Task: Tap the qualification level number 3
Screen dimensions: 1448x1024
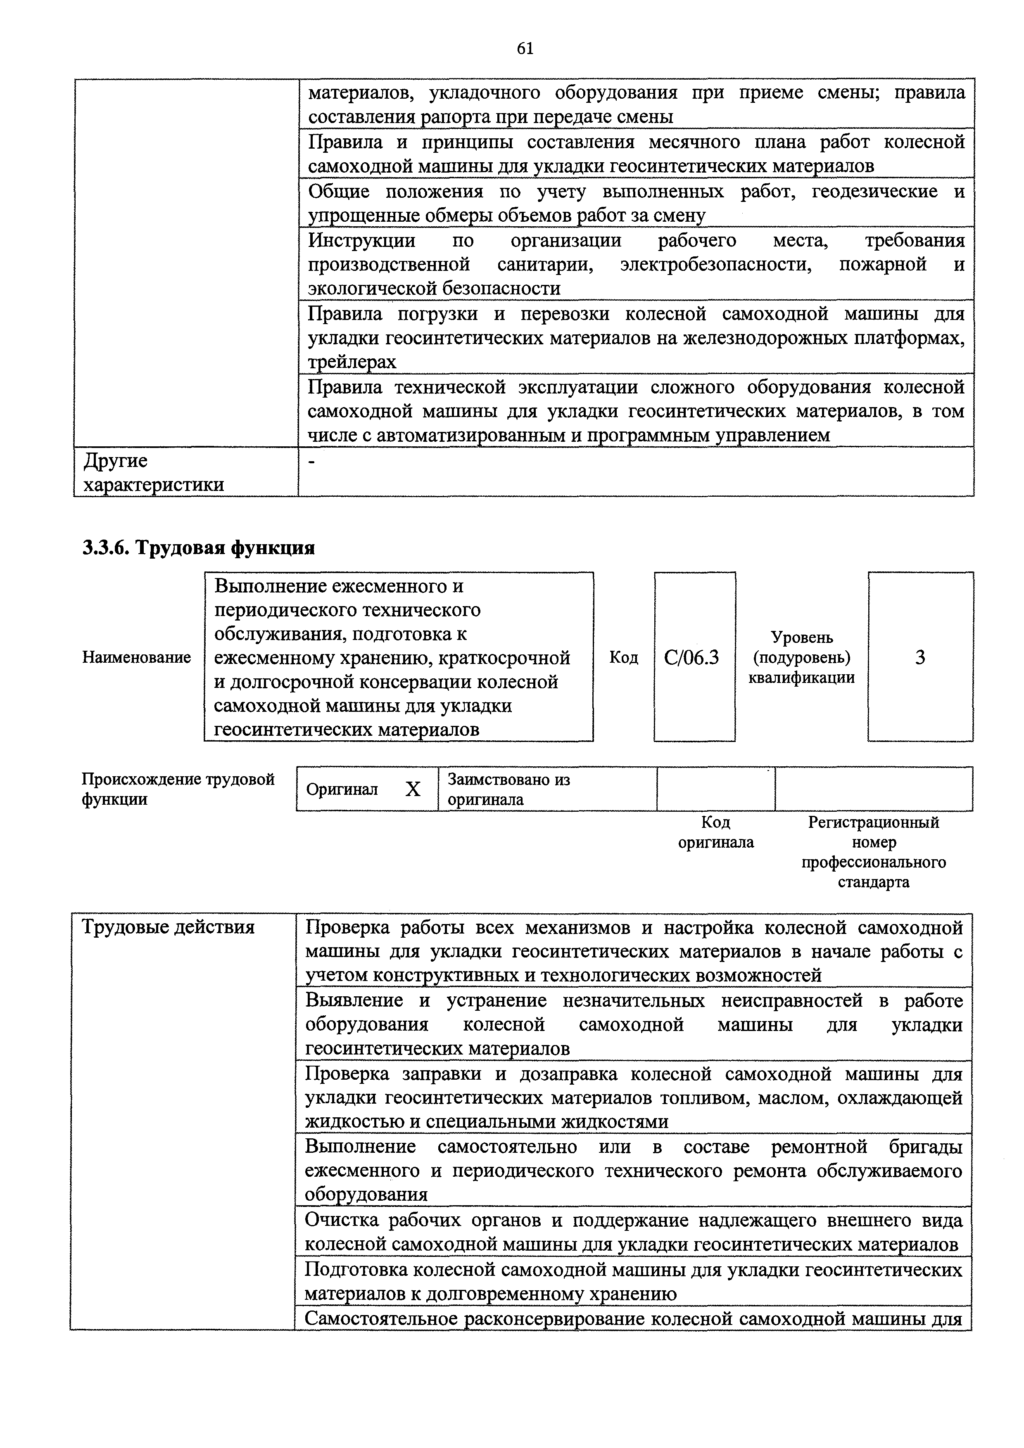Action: (x=920, y=658)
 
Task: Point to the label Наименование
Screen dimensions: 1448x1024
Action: (x=136, y=657)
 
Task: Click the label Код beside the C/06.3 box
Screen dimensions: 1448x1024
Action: (x=623, y=658)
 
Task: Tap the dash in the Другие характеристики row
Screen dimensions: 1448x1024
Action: (x=311, y=462)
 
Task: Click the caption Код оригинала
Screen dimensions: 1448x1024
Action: (x=715, y=832)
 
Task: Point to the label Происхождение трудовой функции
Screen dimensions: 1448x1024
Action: (x=178, y=789)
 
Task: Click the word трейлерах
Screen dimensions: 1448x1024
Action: (x=352, y=362)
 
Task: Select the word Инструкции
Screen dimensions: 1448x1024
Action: (x=361, y=240)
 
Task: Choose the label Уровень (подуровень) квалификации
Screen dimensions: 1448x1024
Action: (x=801, y=658)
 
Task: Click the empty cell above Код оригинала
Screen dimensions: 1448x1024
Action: (x=715, y=789)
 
